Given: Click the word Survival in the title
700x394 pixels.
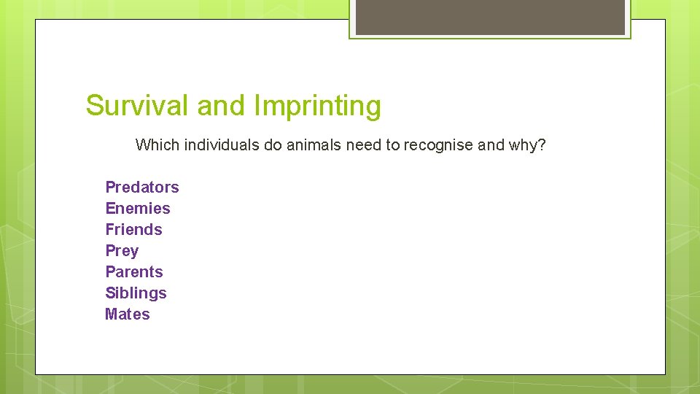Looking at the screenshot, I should (x=138, y=106).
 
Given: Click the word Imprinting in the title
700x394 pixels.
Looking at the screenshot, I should (x=317, y=107).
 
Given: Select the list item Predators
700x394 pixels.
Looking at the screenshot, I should (x=142, y=188).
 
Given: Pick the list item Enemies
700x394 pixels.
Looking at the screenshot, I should (x=138, y=209).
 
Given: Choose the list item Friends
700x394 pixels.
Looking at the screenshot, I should (x=133, y=230).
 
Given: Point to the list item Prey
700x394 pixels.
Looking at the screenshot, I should (x=122, y=251).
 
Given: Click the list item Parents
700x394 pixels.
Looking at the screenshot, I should (x=134, y=272).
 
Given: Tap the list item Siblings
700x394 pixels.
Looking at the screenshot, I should (x=136, y=293).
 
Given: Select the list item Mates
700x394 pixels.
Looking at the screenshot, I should (x=128, y=314).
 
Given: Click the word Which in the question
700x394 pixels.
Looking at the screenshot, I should (x=157, y=145).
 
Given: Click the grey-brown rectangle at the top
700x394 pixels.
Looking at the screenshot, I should (x=490, y=17).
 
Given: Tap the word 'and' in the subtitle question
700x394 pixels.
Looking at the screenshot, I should (x=491, y=145).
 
